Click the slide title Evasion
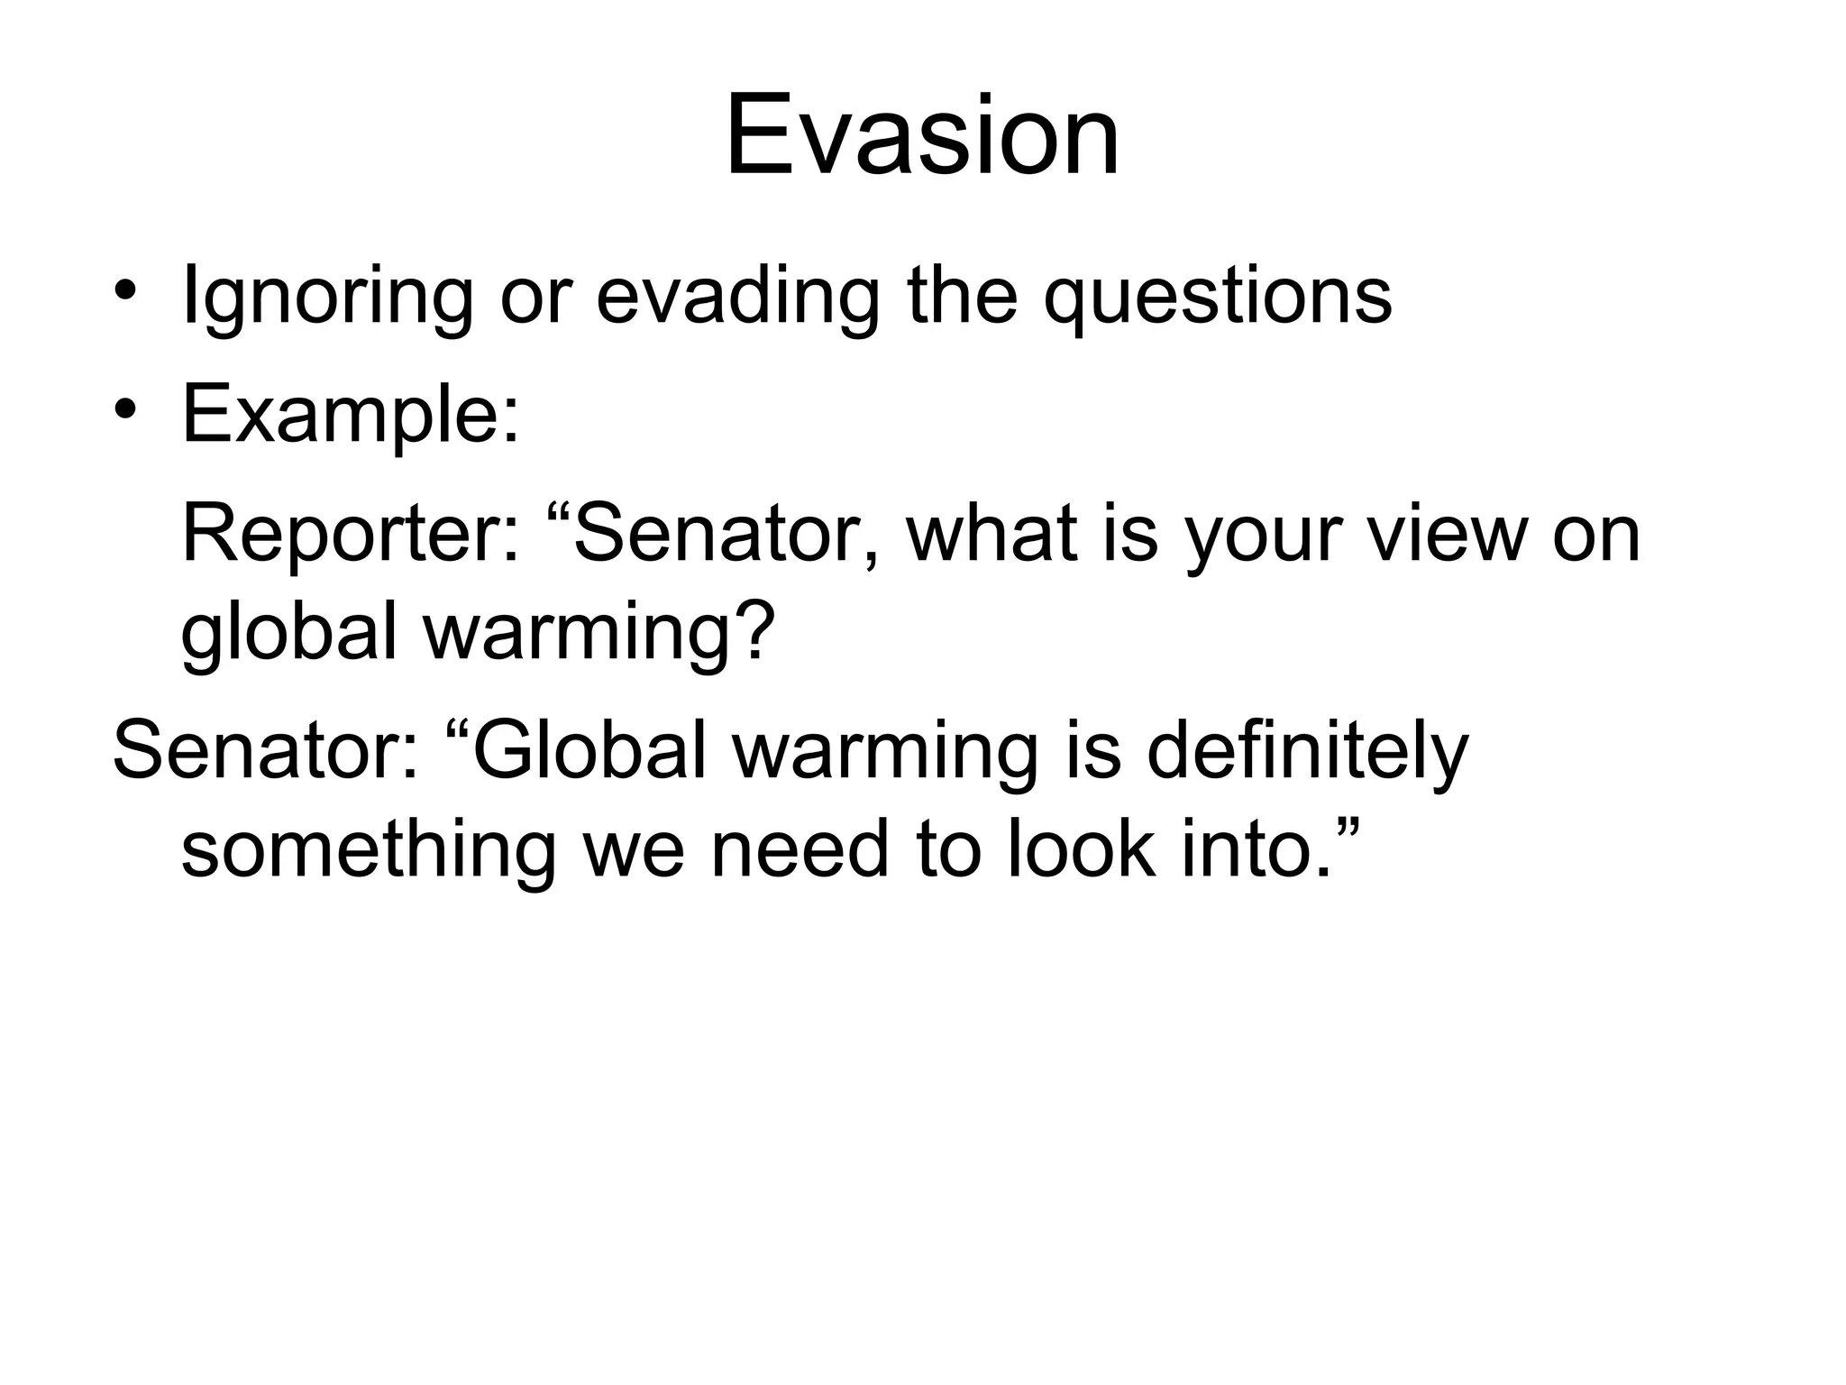click(x=922, y=138)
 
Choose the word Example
click(x=350, y=415)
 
